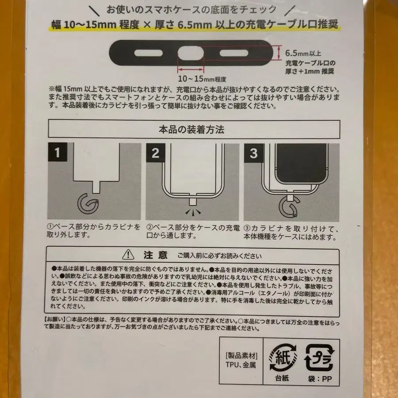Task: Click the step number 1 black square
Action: click(57, 153)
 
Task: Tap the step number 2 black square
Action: click(155, 153)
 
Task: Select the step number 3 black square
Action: click(253, 153)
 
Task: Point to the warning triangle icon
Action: click(128, 254)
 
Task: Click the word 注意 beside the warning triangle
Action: click(156, 255)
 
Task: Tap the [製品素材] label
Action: click(241, 356)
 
